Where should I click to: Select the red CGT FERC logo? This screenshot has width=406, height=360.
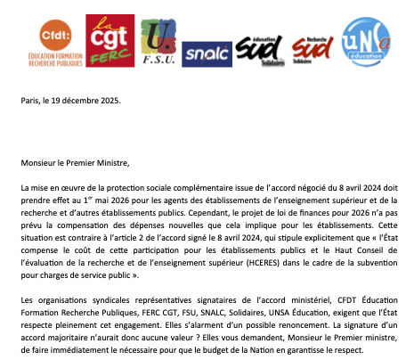(110, 41)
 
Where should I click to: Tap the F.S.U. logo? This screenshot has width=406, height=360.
(158, 43)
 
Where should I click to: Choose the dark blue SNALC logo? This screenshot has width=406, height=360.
(206, 53)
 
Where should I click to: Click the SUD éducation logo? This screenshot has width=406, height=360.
(259, 50)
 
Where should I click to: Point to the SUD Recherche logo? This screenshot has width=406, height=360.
(313, 49)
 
